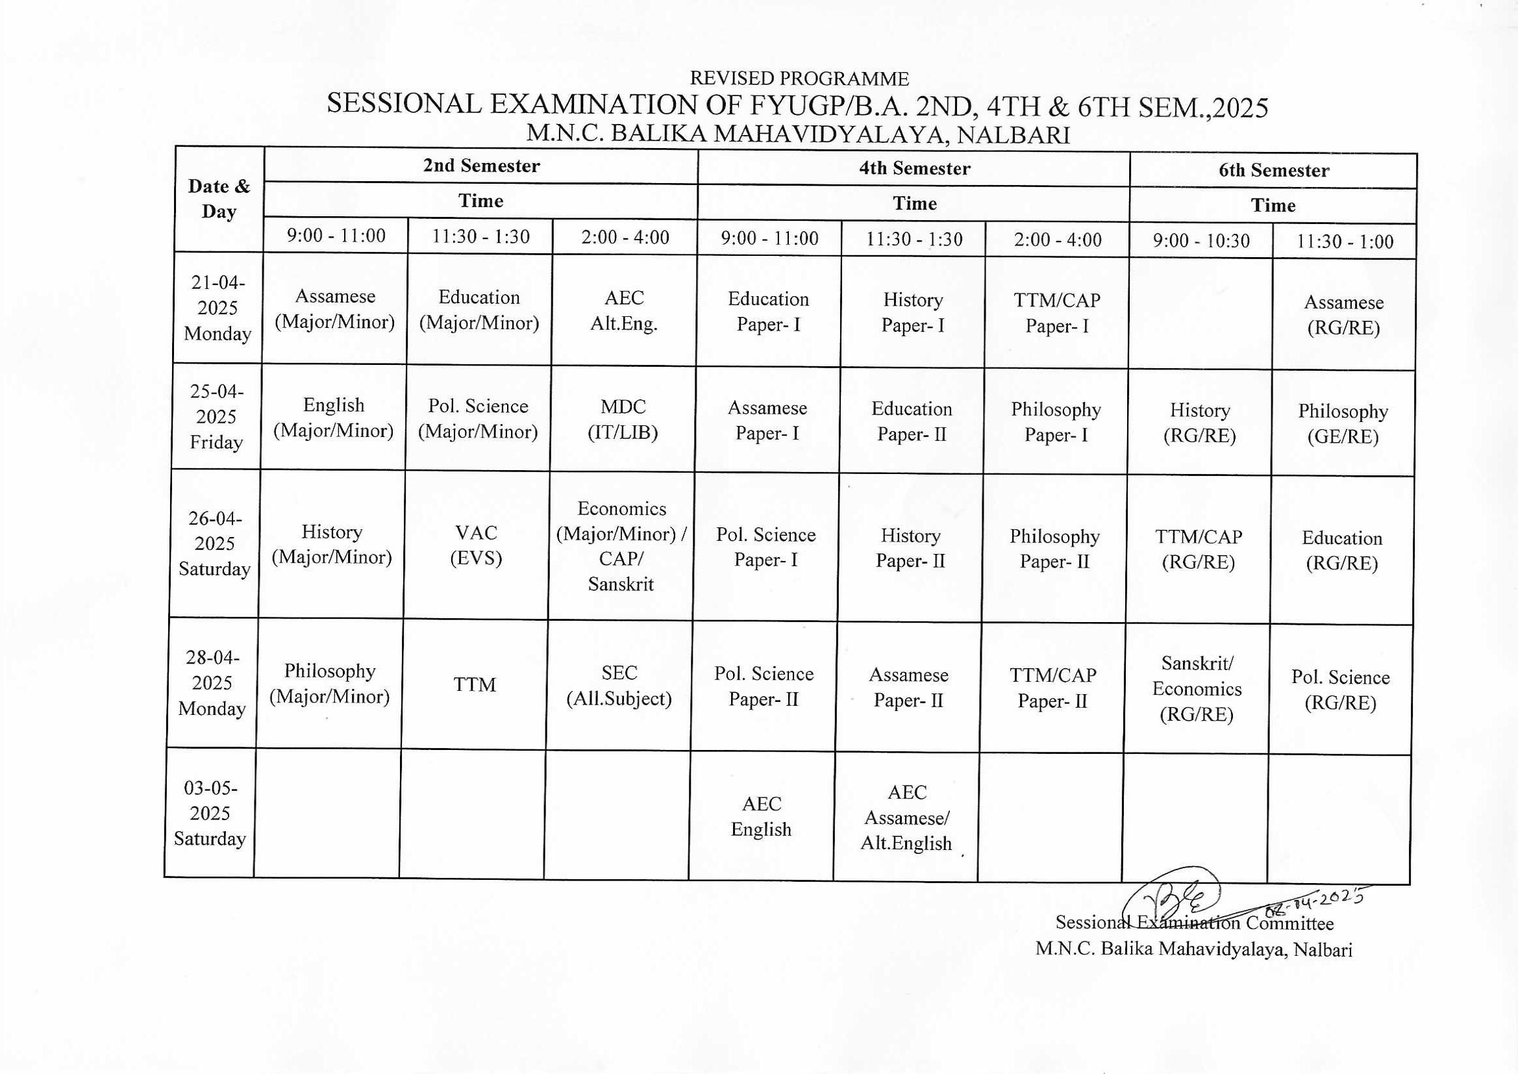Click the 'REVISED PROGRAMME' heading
799,79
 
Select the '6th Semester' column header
1273,171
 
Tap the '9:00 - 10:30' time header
1201,241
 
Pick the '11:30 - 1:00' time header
1344,242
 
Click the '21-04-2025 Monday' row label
218,308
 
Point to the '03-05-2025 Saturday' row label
210,814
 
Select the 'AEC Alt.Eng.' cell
623,311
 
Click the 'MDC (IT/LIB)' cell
623,419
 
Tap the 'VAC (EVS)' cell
476,545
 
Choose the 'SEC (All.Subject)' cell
619,686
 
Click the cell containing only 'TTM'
475,684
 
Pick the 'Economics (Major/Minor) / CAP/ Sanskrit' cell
621,546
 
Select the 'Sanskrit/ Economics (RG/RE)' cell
1197,688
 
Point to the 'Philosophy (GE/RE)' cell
1343,424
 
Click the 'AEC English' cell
761,817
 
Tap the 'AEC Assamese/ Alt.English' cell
906,818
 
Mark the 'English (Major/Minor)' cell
334,418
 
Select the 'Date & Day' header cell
219,199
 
